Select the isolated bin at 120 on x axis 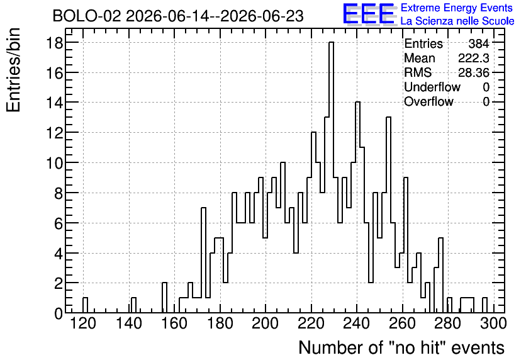[x=85, y=305]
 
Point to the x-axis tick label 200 [x=265, y=323]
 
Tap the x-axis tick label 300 [x=493, y=323]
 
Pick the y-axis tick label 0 [x=59, y=313]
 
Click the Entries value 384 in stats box [x=479, y=43]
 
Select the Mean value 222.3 [x=474, y=58]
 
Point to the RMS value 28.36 [x=474, y=72]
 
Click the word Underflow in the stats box [x=432, y=87]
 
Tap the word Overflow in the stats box [x=428, y=101]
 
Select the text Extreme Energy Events [x=457, y=8]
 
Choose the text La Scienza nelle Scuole [x=457, y=21]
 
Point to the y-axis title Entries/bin [x=13, y=70]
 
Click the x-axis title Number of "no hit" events [x=401, y=347]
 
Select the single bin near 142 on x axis [x=133, y=305]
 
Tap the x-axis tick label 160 [x=174, y=323]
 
